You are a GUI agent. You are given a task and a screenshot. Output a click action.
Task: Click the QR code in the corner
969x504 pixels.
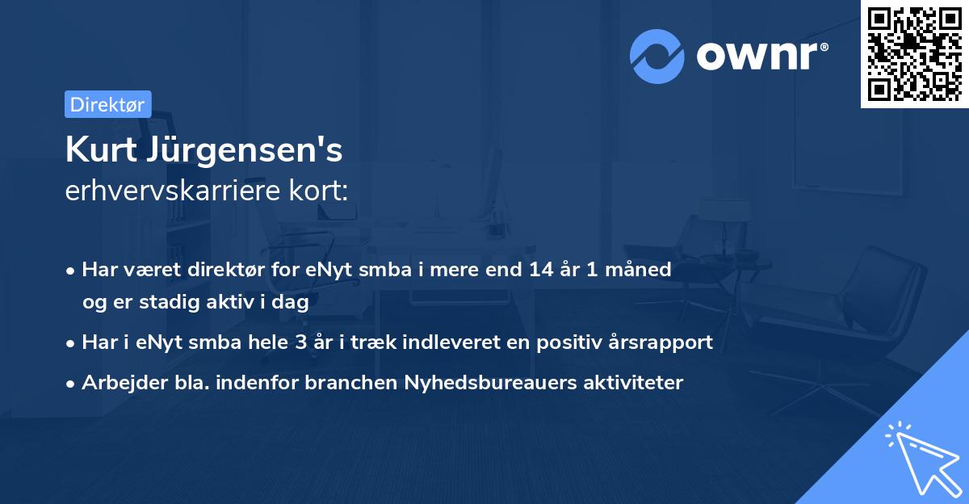914,53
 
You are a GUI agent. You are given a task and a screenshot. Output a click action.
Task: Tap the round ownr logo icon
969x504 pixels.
657,57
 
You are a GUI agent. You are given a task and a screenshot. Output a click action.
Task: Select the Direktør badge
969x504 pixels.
107,104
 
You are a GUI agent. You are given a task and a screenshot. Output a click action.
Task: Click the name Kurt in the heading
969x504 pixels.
98,151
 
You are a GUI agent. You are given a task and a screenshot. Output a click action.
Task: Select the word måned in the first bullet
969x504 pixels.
643,269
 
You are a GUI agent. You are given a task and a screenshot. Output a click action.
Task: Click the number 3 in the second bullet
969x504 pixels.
301,342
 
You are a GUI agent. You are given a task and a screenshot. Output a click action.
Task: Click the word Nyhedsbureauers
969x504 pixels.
480,382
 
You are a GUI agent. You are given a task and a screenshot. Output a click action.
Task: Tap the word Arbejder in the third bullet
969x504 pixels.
116,382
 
